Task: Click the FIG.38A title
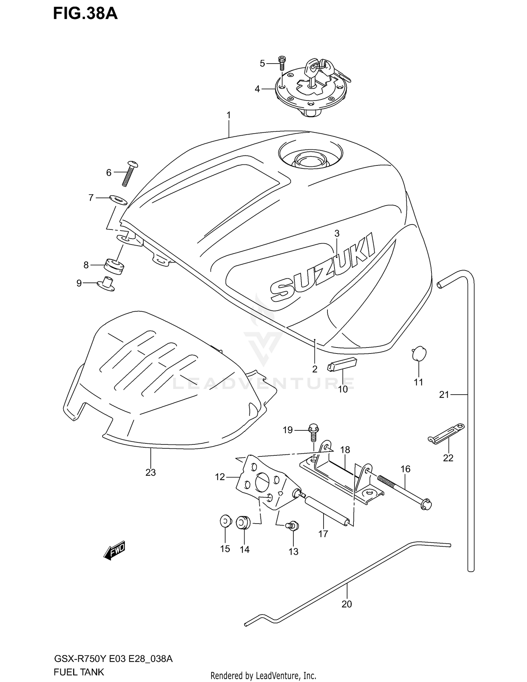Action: tap(85, 14)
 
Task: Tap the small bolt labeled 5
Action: tap(281, 63)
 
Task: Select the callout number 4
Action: tap(257, 89)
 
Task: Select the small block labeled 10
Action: tap(342, 364)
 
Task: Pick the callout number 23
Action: tap(150, 473)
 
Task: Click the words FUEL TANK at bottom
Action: tap(79, 672)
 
